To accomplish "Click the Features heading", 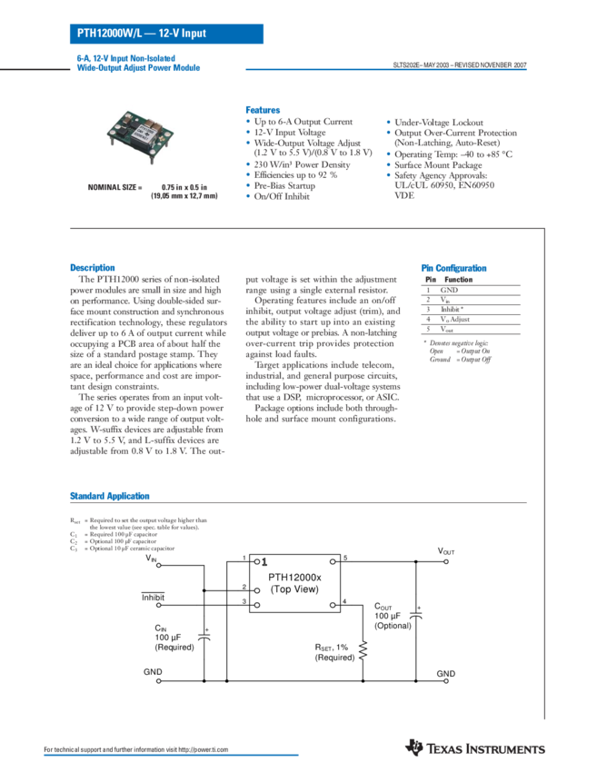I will pos(263,108).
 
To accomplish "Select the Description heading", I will pos(93,267).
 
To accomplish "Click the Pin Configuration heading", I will pos(453,268).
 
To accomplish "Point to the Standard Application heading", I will pos(110,496).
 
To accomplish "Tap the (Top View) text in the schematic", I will pos(295,590).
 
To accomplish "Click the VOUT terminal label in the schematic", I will pos(445,550).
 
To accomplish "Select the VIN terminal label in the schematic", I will pos(151,556).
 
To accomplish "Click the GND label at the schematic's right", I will pos(445,673).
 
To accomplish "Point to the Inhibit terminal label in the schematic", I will pos(153,596).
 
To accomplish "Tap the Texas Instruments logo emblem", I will pos(415,747).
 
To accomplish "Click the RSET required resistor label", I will pos(331,649).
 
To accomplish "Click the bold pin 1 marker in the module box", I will pos(264,562).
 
